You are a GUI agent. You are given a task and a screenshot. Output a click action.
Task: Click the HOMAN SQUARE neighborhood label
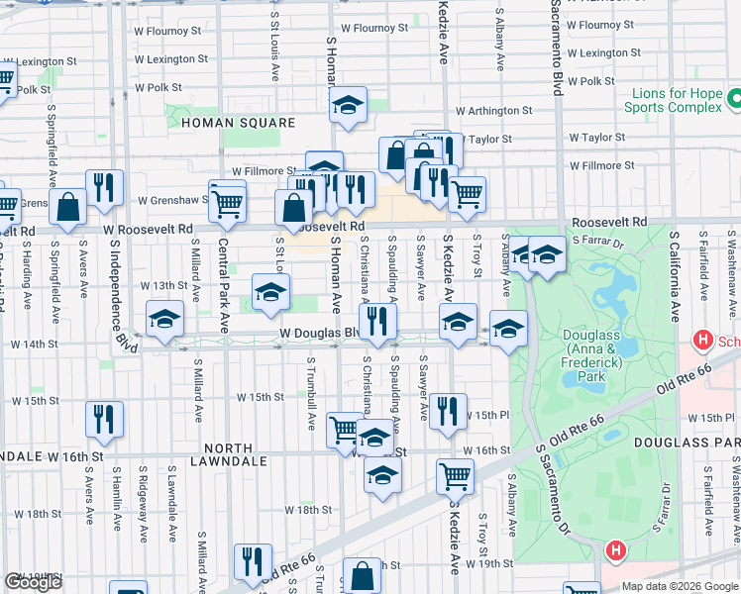(x=238, y=123)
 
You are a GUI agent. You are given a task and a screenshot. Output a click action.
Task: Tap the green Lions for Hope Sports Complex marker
(x=735, y=100)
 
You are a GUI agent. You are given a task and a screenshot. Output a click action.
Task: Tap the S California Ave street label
(x=674, y=278)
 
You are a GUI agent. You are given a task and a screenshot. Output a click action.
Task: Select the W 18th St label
(x=307, y=511)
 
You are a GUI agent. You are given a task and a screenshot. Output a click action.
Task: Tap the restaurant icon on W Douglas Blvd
(x=376, y=320)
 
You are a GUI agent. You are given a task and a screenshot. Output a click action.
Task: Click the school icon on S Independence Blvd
(x=164, y=319)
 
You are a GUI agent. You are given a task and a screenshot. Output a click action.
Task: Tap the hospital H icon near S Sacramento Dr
(x=615, y=549)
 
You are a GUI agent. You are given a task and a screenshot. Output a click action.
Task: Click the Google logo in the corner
(x=33, y=582)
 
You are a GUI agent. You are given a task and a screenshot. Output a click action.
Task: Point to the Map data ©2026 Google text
(x=680, y=586)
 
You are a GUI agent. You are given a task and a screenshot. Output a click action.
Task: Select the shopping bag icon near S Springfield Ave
(x=68, y=207)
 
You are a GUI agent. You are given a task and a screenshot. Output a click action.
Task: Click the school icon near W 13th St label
(x=270, y=292)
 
